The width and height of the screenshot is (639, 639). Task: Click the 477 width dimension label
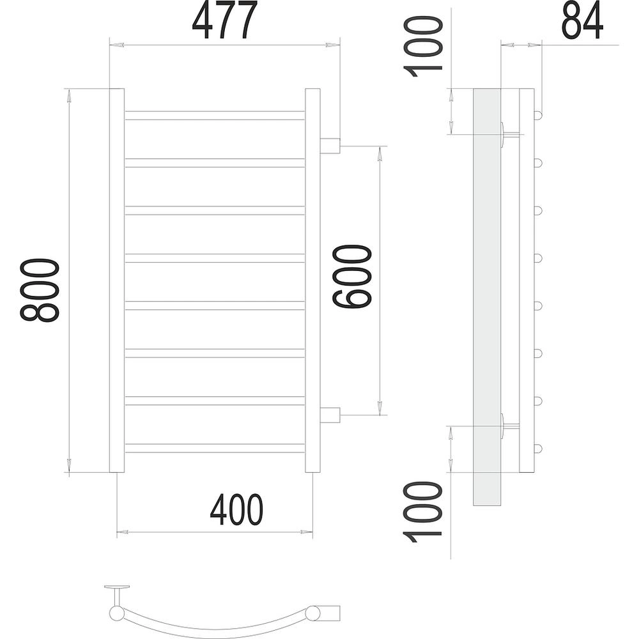click(225, 20)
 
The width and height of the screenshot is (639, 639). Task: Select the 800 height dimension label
click(40, 290)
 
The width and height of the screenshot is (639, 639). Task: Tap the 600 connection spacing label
click(353, 276)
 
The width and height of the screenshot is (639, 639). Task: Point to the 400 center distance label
click(237, 510)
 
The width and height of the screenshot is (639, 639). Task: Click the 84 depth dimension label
click(582, 20)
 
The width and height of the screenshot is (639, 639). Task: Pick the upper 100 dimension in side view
click(422, 47)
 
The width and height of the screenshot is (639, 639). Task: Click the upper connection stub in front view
click(330, 146)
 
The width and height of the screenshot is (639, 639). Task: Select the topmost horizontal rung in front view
click(215, 115)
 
